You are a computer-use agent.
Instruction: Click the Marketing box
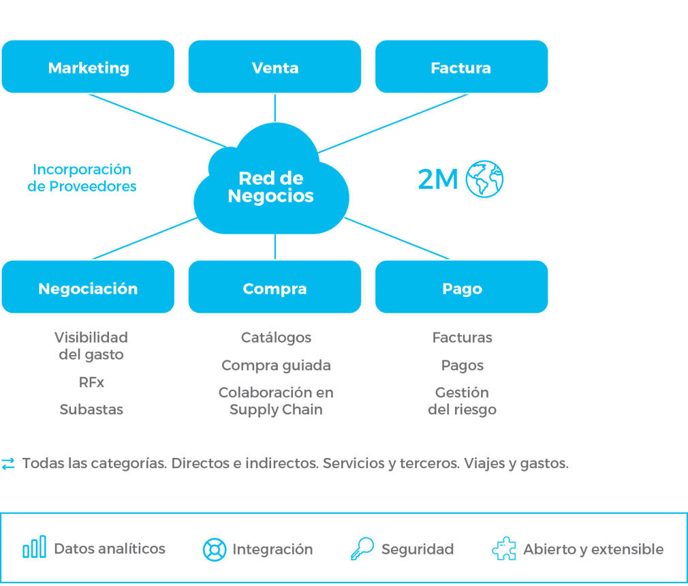[x=88, y=67]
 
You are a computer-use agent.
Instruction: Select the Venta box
[x=275, y=67]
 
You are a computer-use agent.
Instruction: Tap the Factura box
[x=461, y=67]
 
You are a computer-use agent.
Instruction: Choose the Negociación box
[x=88, y=288]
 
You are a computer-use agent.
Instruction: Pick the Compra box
[x=275, y=288]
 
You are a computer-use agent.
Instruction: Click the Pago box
[x=461, y=288]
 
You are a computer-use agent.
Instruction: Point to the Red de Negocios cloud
[x=271, y=187]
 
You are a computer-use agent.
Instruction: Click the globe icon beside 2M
[x=484, y=180]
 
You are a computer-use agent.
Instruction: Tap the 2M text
[x=437, y=180]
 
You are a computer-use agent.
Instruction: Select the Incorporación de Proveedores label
[x=82, y=178]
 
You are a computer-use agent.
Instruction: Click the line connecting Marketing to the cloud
[x=157, y=120]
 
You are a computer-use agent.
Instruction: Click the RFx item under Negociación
[x=91, y=383]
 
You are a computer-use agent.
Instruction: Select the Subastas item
[x=91, y=410]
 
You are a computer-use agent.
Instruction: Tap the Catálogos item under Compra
[x=276, y=338]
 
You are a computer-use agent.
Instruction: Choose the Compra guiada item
[x=276, y=366]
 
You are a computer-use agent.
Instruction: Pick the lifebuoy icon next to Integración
[x=215, y=550]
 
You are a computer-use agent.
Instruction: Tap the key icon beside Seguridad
[x=362, y=549]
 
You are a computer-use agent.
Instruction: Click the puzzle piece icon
[x=503, y=549]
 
